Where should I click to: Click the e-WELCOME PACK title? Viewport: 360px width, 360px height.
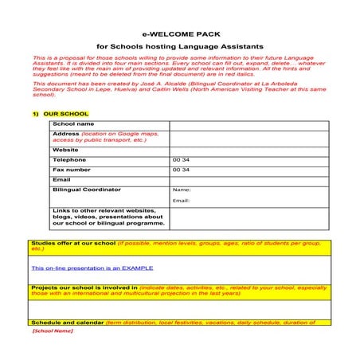click(179, 35)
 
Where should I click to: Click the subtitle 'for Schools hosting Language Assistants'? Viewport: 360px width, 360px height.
click(179, 47)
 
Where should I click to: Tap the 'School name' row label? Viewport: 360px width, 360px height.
click(72, 124)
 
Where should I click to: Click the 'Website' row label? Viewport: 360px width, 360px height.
click(65, 150)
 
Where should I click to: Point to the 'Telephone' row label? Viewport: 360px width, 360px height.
click(69, 160)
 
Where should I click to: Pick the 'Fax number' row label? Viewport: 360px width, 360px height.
click(71, 170)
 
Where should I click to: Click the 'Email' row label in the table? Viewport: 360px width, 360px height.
click(61, 180)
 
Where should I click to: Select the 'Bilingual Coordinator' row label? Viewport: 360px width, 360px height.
click(86, 190)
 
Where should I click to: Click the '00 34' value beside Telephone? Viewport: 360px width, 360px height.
click(181, 160)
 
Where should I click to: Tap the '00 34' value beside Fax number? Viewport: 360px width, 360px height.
click(181, 170)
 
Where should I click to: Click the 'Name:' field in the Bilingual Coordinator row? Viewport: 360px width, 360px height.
click(182, 190)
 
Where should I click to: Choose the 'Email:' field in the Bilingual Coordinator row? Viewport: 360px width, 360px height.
click(181, 201)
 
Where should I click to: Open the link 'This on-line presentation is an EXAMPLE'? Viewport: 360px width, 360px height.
click(92, 268)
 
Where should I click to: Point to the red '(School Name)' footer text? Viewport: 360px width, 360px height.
click(53, 331)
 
